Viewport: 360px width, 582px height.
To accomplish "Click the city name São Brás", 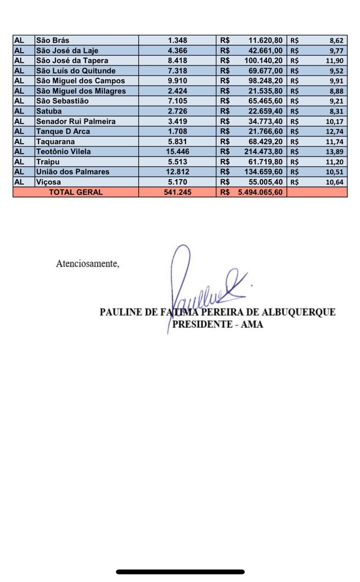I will (53, 40).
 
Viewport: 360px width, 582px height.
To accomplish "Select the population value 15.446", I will (177, 152).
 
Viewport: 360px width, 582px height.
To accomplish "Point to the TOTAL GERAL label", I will (76, 192).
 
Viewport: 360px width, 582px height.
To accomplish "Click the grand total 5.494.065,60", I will (260, 192).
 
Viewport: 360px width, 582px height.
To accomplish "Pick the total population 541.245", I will (177, 192).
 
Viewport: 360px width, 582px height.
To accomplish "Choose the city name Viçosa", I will (48, 182).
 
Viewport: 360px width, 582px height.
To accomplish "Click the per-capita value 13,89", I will (337, 152).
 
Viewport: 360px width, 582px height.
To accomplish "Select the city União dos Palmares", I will (73, 172).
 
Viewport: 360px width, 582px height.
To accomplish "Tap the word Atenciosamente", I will (87, 264).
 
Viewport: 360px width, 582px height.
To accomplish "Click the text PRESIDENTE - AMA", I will (217, 325).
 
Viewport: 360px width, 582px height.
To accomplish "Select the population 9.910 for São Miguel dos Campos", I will (177, 81).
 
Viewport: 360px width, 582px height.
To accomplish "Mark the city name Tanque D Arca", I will (63, 131).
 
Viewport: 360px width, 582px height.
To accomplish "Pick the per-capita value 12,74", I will (337, 132).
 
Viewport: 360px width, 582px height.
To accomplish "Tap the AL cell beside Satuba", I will (20, 111).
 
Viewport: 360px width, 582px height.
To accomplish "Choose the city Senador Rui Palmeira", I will (76, 121).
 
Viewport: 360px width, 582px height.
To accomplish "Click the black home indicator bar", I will (180, 572).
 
